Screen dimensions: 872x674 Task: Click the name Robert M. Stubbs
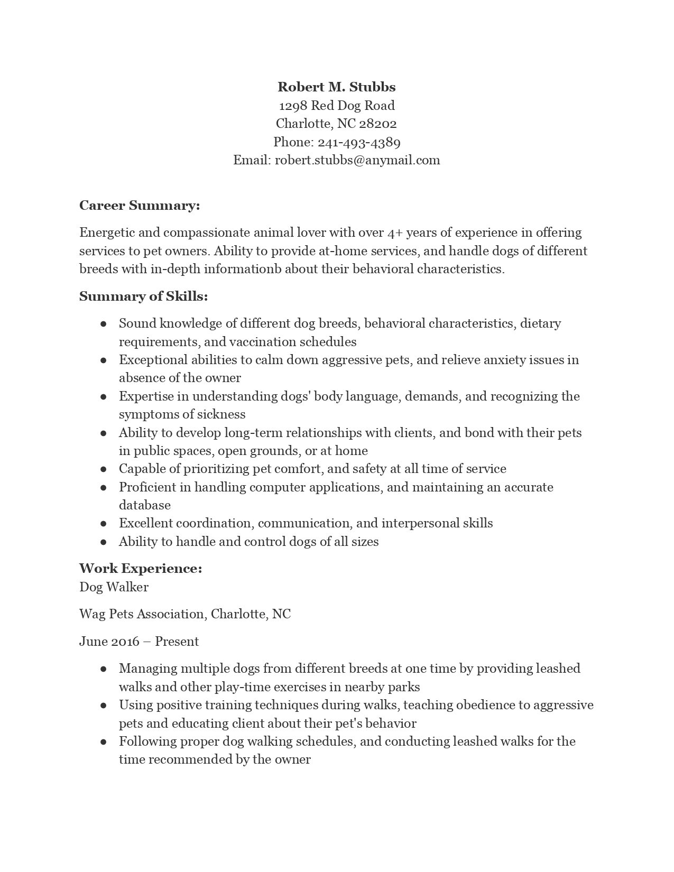337,87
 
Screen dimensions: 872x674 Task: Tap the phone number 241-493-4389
359,142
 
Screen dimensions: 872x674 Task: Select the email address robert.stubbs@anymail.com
357,160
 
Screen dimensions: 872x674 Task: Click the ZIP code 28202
378,124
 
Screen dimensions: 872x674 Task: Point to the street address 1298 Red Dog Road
337,106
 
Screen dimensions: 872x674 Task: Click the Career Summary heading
140,206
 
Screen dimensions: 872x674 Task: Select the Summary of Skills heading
143,296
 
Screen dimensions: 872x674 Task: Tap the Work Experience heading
141,569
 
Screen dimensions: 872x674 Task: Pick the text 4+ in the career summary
394,233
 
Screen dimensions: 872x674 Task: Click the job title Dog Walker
114,587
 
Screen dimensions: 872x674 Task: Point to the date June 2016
108,642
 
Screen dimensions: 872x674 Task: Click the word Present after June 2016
177,642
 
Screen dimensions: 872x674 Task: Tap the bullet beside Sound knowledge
104,323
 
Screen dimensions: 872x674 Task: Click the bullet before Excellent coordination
104,524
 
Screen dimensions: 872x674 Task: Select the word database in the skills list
145,505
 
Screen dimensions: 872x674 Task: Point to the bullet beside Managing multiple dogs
104,669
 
